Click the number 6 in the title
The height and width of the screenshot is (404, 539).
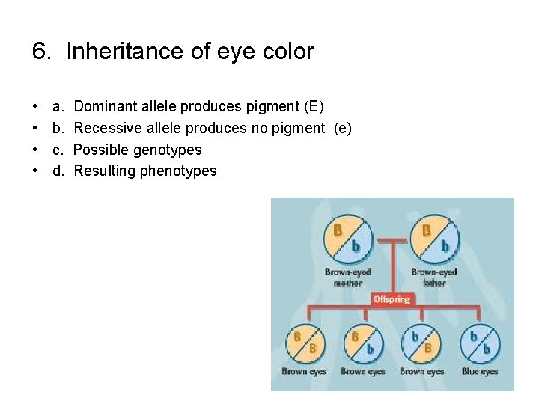(x=40, y=52)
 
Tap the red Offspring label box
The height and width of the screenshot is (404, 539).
(x=392, y=299)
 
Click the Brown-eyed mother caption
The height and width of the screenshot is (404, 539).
(x=348, y=278)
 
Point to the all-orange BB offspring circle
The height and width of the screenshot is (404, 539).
(x=304, y=343)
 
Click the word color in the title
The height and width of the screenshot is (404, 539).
(x=289, y=52)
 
